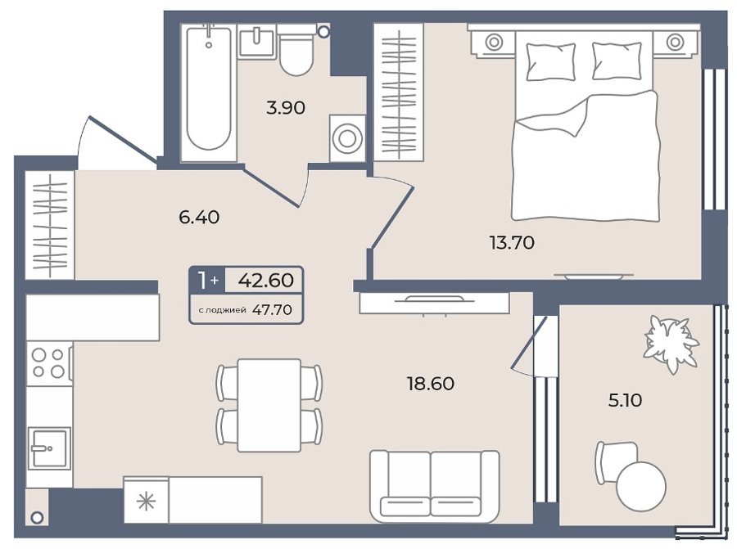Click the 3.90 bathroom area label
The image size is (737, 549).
(x=285, y=108)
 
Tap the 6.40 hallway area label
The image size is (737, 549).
(x=199, y=217)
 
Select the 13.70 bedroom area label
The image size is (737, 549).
(x=512, y=243)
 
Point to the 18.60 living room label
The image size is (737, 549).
(x=431, y=384)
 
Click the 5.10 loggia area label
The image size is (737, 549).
(x=625, y=400)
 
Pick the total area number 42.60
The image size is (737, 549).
(x=266, y=280)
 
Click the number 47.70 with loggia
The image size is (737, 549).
(x=272, y=309)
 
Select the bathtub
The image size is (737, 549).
(x=209, y=88)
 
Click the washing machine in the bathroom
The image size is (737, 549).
(x=347, y=138)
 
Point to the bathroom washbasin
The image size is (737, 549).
(x=256, y=42)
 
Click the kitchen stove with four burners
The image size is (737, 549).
(x=49, y=363)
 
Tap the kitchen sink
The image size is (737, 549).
(x=49, y=448)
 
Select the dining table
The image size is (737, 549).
(x=269, y=405)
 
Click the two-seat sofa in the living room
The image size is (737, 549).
(x=434, y=486)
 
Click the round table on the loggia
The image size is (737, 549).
(x=641, y=487)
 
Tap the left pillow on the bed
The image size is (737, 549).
(x=551, y=61)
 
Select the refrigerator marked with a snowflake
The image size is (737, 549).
(x=146, y=501)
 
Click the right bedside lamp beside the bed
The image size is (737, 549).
(x=675, y=42)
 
